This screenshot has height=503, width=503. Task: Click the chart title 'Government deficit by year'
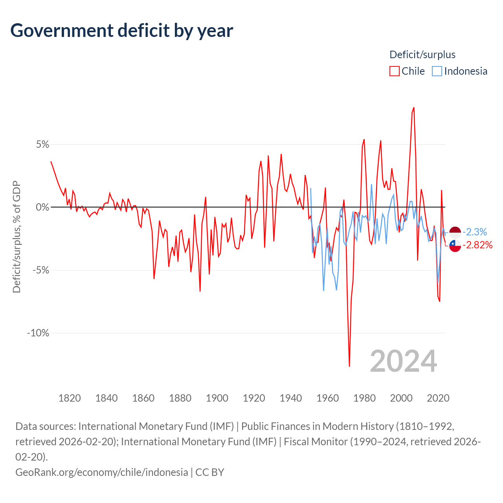point(122,31)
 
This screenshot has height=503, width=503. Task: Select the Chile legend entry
point(408,71)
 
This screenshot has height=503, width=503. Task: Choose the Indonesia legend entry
point(460,71)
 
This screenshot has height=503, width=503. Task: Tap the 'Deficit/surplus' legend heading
point(422,55)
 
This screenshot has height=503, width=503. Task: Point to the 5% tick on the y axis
point(43,145)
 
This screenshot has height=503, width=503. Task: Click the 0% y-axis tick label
point(43,207)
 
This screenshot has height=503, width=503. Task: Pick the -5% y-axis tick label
point(41,270)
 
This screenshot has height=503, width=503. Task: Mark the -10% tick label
point(38,333)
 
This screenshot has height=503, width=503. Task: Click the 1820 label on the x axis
point(70,398)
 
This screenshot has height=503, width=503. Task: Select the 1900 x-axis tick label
point(217,398)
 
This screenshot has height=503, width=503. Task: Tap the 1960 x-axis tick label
point(327,398)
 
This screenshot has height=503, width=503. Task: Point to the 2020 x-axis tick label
point(438,398)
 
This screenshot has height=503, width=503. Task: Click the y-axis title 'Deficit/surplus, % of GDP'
point(17,237)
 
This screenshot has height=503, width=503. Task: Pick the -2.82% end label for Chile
point(477,245)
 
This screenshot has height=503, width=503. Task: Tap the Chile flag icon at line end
point(455,246)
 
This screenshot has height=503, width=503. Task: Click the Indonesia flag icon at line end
point(455,232)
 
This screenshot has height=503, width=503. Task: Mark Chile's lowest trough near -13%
point(349,366)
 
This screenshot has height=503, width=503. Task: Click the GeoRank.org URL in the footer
point(101,472)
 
